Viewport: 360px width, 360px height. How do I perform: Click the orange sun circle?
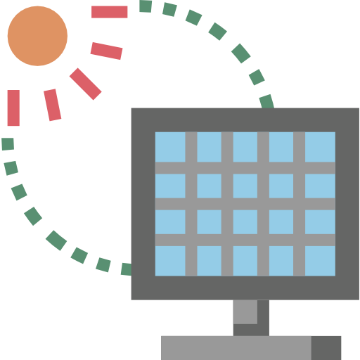click(37, 36)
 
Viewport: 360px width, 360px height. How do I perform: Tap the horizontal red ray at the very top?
click(110, 12)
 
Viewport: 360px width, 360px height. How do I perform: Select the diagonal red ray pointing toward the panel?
click(86, 84)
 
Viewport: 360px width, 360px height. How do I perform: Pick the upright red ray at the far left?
click(13, 108)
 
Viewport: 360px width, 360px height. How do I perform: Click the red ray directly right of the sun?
click(107, 51)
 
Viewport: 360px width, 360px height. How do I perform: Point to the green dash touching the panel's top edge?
click(266, 101)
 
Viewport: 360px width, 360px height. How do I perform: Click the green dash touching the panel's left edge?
click(126, 269)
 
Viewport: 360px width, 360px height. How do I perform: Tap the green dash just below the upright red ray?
click(8, 144)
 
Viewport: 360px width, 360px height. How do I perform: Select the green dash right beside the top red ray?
click(146, 6)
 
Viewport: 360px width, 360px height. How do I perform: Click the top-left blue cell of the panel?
click(170, 146)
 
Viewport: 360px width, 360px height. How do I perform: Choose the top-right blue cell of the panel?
click(320, 146)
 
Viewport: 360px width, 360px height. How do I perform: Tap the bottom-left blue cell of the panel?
click(170, 260)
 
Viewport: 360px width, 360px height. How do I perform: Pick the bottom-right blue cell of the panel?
click(320, 260)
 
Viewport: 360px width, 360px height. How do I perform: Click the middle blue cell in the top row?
click(245, 146)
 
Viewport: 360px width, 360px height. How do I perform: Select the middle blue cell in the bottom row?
click(245, 260)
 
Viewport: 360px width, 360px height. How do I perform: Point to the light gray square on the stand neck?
click(245, 311)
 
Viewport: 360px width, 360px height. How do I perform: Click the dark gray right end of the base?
click(326, 347)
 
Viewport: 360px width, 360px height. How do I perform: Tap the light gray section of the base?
click(236, 347)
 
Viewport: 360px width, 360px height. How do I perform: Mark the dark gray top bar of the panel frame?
click(245, 119)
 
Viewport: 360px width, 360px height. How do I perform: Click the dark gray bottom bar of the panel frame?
click(245, 288)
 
